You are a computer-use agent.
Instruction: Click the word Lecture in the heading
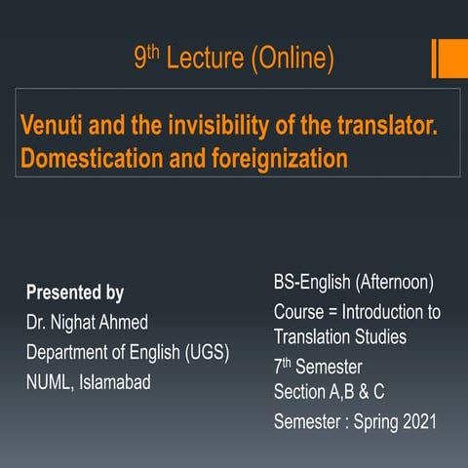point(204,59)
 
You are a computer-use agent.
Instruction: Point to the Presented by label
point(75,292)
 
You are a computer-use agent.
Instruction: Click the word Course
point(298,313)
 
